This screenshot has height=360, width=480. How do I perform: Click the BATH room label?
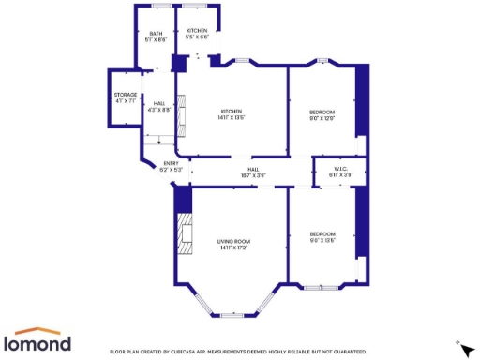click(155, 37)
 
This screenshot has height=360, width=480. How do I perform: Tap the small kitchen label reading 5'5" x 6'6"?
click(197, 37)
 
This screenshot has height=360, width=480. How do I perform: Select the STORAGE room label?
click(126, 97)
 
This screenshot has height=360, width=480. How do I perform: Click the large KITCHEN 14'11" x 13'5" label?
click(232, 114)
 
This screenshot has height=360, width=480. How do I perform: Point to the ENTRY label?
click(171, 166)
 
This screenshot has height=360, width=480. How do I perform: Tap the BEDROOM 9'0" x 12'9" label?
click(322, 114)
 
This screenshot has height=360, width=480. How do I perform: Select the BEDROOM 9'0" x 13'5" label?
click(322, 236)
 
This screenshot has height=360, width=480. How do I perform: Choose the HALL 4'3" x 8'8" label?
click(159, 106)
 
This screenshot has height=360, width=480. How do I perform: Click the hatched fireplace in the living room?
click(183, 231)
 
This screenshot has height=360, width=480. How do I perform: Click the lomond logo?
click(39, 341)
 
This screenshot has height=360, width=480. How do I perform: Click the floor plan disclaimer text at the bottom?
click(238, 352)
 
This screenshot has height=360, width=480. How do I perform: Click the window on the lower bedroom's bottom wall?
click(322, 288)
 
